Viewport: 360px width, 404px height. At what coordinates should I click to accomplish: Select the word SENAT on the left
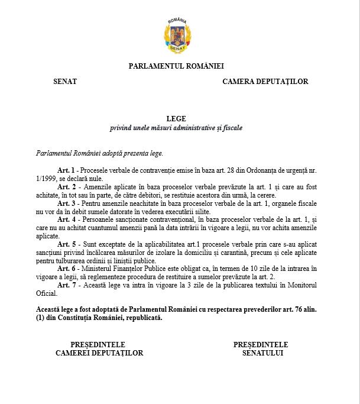(64, 82)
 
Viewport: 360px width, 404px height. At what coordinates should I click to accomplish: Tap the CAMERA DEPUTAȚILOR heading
(265, 82)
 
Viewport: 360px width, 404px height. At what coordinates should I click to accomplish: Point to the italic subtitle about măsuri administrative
(176, 128)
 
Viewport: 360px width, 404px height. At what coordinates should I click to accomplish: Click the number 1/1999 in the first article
(46, 179)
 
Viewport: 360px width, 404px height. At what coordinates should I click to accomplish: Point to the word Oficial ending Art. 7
(48, 293)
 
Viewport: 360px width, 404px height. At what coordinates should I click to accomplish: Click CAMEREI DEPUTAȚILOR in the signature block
(99, 353)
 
